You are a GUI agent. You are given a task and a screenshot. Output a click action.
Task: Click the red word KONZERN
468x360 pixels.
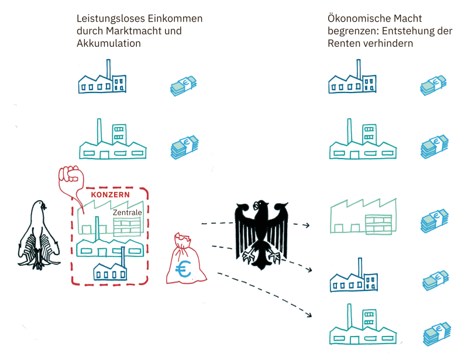click(111, 194)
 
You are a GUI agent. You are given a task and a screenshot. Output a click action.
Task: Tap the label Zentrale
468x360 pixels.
click(127, 212)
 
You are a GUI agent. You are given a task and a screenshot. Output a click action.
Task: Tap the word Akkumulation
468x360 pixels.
click(109, 43)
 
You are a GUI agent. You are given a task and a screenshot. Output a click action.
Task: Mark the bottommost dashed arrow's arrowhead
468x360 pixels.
click(309, 317)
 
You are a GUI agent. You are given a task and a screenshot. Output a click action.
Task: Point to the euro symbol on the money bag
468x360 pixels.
click(184, 270)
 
